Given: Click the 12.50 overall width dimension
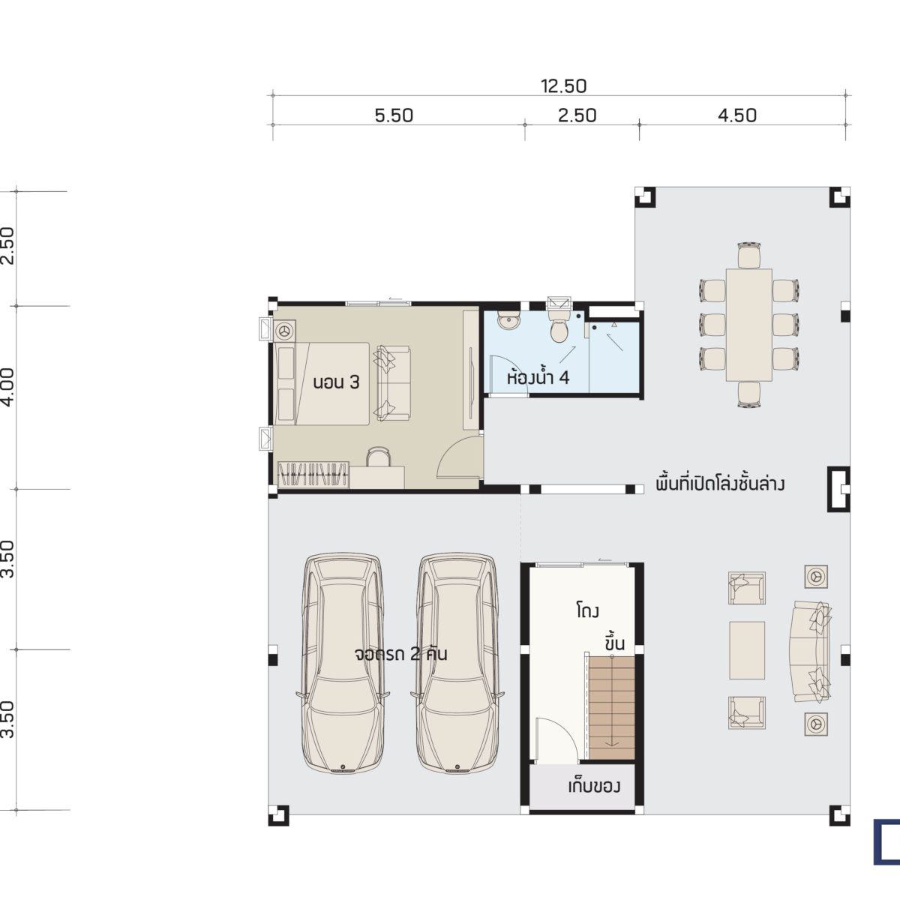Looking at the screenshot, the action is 563,86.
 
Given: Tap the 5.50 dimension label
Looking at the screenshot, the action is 394,115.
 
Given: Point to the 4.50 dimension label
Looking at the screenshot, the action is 737,115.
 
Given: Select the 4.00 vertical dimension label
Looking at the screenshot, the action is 9,387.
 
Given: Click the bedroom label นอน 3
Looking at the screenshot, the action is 336,382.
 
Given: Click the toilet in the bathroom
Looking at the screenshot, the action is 559,325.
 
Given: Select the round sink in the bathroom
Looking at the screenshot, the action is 507,321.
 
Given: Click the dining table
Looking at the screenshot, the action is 748,325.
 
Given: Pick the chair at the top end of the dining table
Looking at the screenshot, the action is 748,255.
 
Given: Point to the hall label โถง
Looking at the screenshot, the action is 587,610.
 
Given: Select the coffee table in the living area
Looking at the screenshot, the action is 747,650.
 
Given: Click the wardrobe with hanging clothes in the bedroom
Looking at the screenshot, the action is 313,475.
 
